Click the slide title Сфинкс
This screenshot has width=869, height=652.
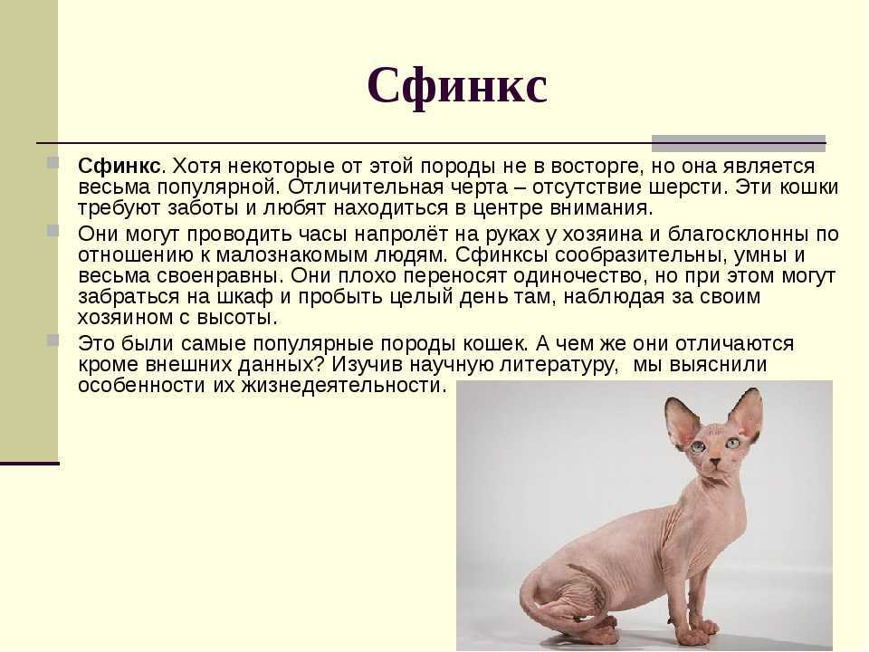[x=457, y=87]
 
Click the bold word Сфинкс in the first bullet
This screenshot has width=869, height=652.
[x=119, y=166]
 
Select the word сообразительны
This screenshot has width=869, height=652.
[x=638, y=255]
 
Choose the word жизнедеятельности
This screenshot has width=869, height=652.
[x=344, y=386]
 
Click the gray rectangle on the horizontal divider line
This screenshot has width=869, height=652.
[x=739, y=143]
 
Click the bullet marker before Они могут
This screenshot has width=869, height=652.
[x=53, y=231]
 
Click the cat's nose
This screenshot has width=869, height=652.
[x=716, y=461]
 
